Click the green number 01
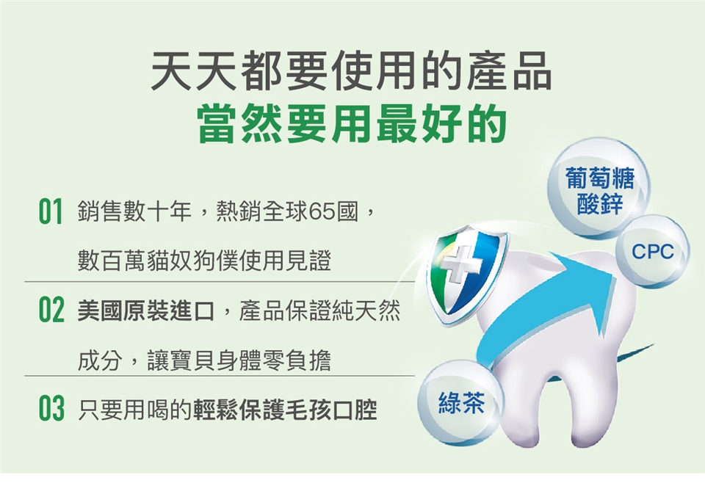[x=50, y=211]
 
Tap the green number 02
[x=51, y=310]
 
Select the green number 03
[x=51, y=408]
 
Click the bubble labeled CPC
[x=652, y=251]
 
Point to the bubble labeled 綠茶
[x=461, y=402]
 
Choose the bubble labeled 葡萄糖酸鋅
[x=599, y=188]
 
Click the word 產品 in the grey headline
[x=508, y=70]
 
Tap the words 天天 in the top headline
[x=195, y=70]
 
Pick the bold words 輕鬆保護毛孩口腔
[x=286, y=409]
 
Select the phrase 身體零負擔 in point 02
[x=273, y=360]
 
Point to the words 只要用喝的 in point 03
[x=135, y=409]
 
